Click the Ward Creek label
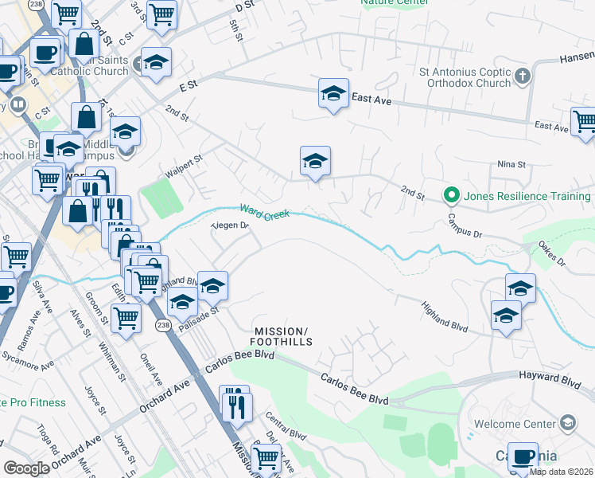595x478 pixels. [264, 212]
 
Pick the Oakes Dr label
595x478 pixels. [550, 253]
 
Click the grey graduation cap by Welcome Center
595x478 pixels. [568, 422]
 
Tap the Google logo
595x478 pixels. [25, 468]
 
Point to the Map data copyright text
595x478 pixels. [562, 472]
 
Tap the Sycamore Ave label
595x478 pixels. [27, 358]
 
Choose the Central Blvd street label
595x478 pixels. [286, 426]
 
